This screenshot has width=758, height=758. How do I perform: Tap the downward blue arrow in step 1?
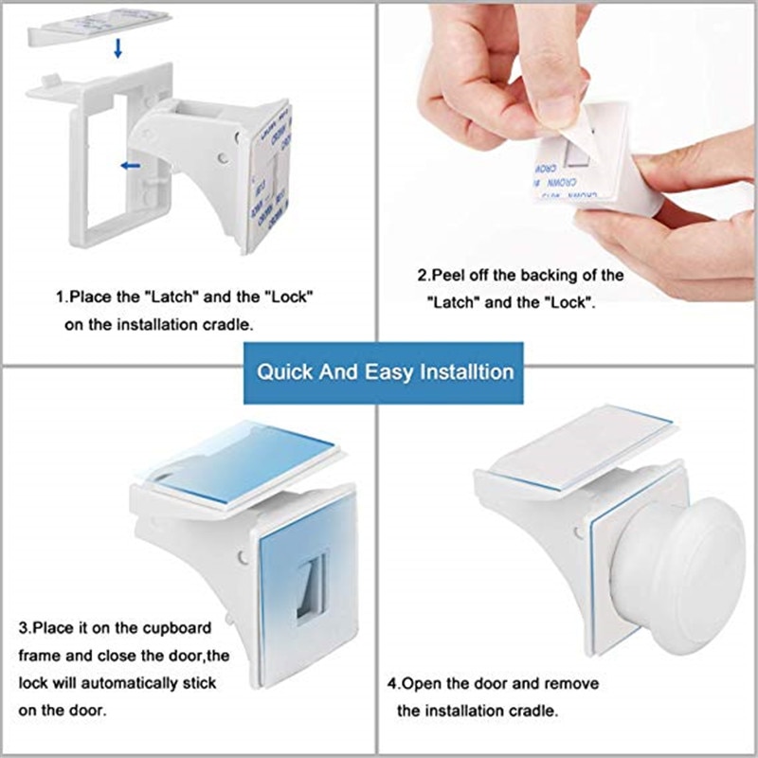pyautogui.click(x=117, y=48)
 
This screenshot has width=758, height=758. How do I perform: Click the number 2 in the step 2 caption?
pyautogui.click(x=423, y=276)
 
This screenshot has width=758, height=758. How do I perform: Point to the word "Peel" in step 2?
pyautogui.click(x=451, y=276)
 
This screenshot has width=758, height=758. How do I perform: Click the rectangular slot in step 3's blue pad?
pyautogui.click(x=310, y=587)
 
